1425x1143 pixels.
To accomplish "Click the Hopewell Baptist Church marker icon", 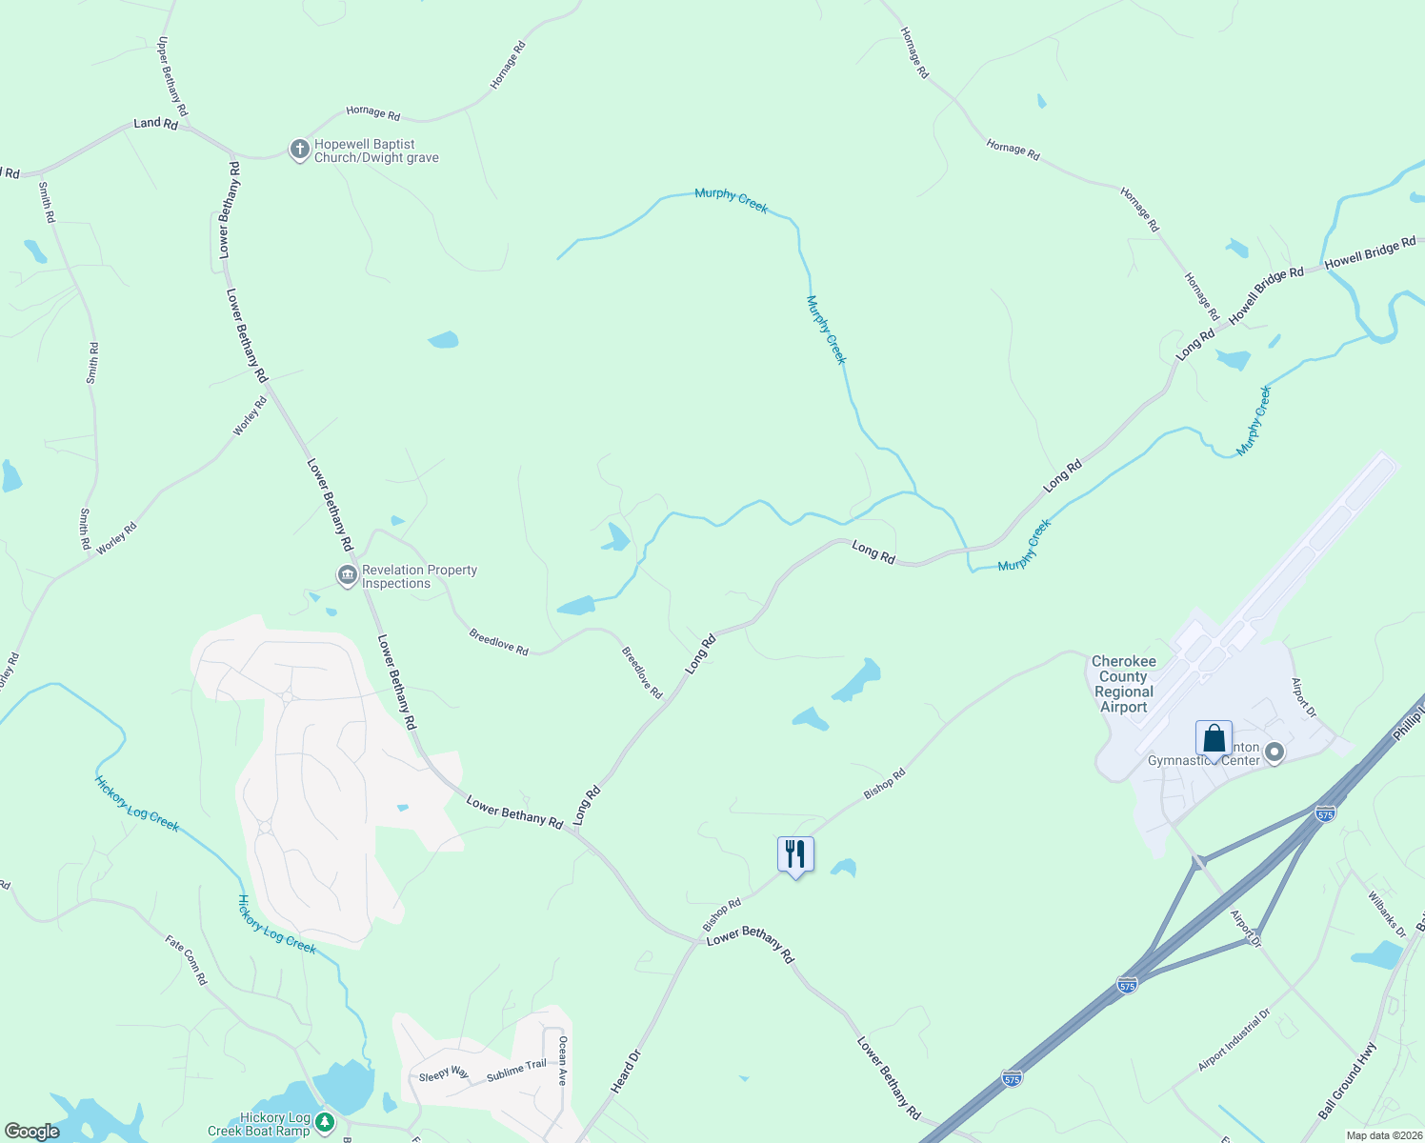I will point(299,150).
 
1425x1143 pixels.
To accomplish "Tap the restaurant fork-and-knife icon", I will point(795,853).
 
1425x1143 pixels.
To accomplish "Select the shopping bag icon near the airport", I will point(1214,738).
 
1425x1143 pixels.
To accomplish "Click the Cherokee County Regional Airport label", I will point(1124,684).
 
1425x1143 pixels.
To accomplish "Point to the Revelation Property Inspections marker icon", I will point(347,575).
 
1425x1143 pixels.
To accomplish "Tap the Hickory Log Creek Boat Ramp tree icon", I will point(325,1123).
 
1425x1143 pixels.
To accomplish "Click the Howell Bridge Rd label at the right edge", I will point(1370,252).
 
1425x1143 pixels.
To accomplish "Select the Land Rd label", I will point(155,123).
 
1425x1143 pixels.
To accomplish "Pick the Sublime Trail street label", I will point(516,1071).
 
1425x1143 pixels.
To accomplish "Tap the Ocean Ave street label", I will point(563,1060).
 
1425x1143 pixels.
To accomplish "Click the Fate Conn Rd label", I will point(186,959).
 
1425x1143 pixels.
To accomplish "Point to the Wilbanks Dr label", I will point(1387,914).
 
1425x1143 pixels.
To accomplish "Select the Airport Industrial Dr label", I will point(1234,1041).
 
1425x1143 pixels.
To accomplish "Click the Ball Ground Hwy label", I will point(1348,1081).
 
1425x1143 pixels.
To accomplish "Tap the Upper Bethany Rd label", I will point(172,76).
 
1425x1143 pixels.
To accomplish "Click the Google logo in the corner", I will point(32,1132).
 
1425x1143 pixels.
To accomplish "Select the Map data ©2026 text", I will point(1382,1135).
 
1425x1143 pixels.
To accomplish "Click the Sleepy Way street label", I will point(444,1074).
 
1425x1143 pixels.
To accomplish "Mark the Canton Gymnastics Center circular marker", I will point(1274,753).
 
